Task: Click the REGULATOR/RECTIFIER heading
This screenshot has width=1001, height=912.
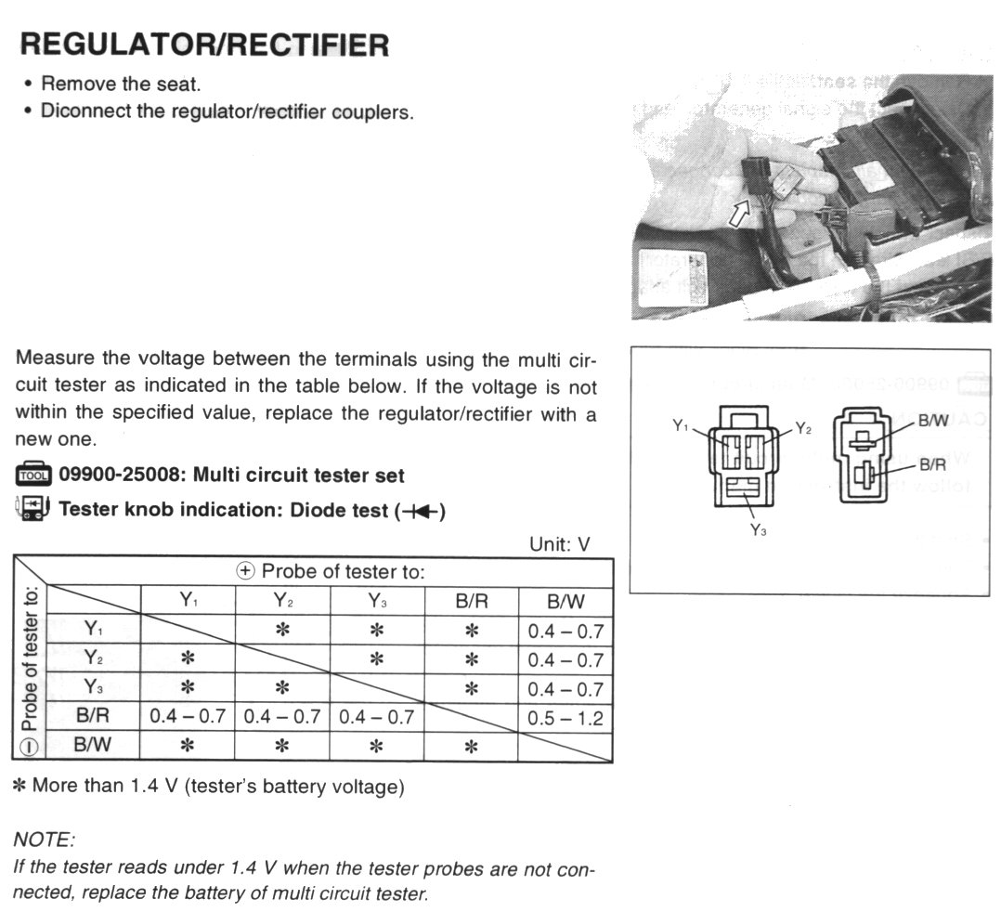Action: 204,44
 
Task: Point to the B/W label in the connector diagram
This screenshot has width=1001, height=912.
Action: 932,422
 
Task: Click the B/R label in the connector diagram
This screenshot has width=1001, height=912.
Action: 932,464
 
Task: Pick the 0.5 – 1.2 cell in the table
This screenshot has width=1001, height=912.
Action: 565,718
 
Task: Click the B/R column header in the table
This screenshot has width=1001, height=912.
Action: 471,600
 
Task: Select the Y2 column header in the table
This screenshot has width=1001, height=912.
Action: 282,600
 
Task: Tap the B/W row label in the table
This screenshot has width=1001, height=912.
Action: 93,745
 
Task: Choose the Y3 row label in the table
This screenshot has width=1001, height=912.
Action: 93,688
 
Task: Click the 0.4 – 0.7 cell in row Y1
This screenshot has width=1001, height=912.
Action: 565,632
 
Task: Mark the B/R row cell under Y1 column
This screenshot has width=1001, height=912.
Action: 188,718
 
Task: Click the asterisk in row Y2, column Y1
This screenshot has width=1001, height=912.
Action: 188,658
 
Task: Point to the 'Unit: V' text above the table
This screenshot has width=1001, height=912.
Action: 559,544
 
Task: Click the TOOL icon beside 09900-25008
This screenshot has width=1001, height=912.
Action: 34,476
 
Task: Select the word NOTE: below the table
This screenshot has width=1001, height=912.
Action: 44,840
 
